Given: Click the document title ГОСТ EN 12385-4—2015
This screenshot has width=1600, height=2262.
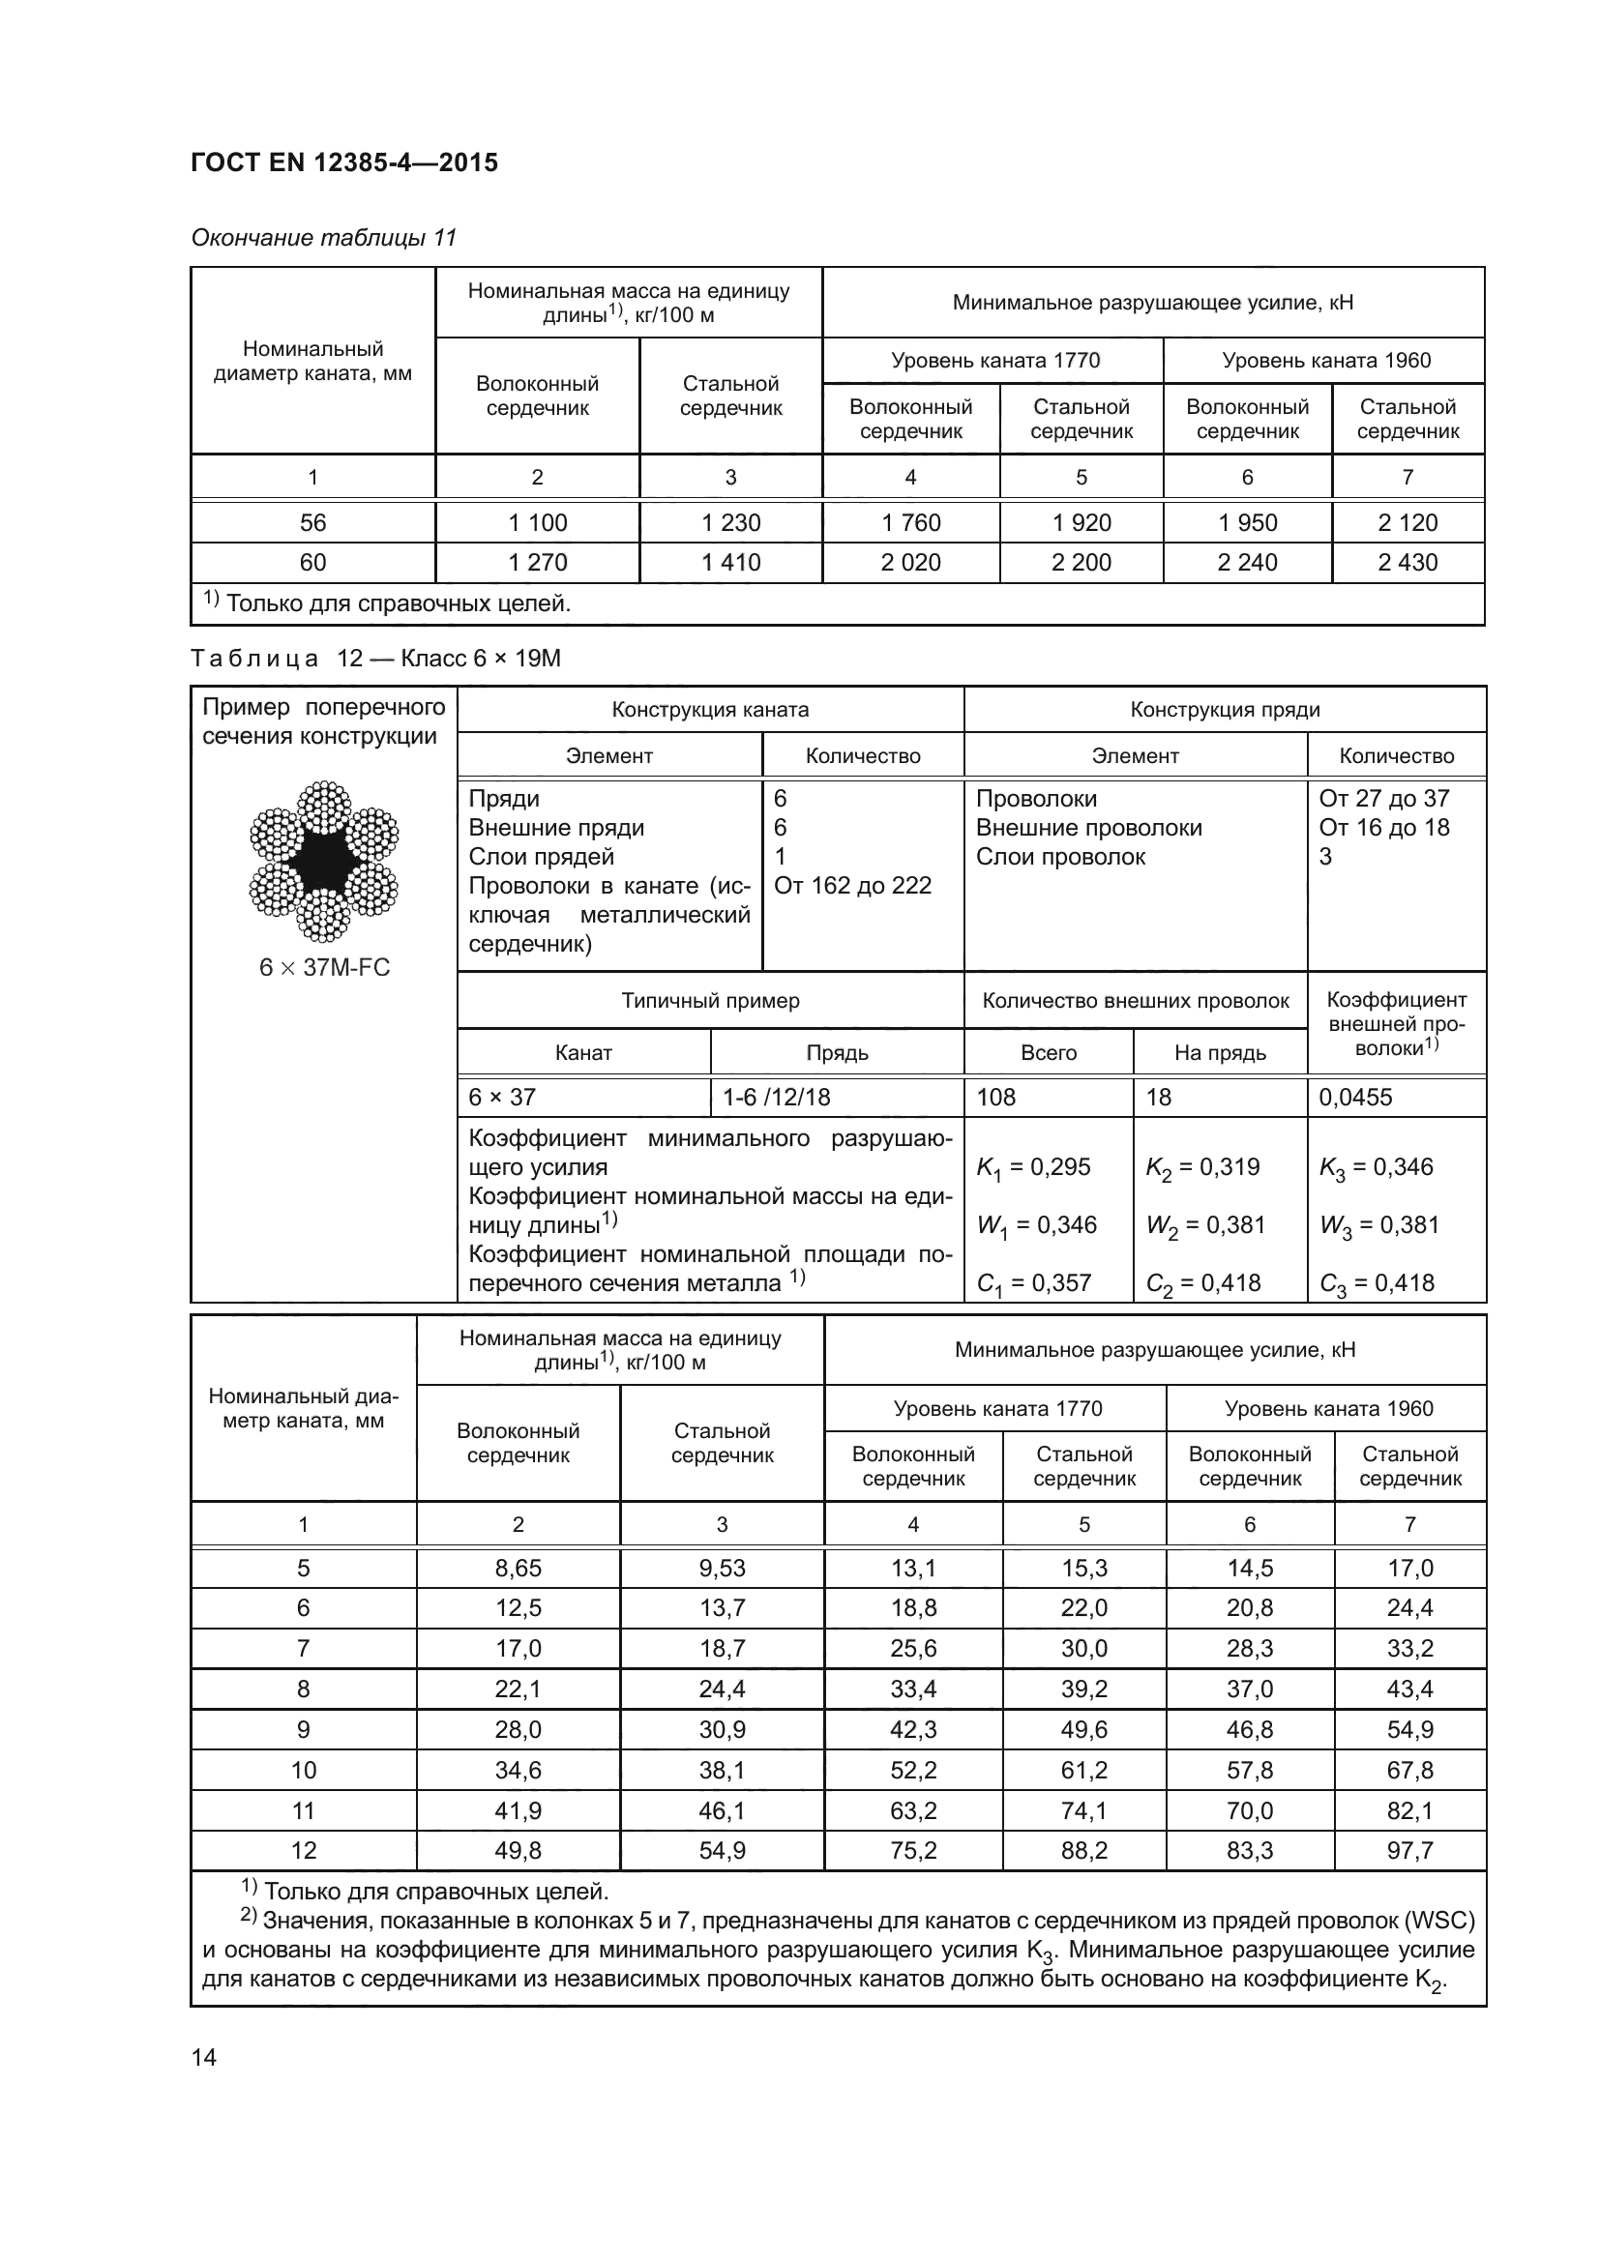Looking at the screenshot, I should point(343,162).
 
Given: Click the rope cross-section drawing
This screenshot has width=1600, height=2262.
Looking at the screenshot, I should point(324,861).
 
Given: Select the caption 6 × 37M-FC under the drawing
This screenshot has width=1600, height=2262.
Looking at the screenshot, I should point(324,967).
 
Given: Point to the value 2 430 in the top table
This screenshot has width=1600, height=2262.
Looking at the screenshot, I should point(1407,563).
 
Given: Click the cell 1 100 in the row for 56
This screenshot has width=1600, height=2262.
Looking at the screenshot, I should point(537,522).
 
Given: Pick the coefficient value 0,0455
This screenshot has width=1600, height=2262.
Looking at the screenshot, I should point(1355,1097).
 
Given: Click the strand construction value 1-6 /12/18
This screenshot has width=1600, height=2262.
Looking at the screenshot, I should point(777,1097).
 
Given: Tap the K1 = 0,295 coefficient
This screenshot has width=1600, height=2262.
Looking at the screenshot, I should point(1032,1167).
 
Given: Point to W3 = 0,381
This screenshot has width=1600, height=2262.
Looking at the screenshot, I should point(1378,1225).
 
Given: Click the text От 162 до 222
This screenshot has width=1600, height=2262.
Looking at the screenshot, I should point(852,885).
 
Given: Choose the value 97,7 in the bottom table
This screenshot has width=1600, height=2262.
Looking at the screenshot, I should point(1409,1850).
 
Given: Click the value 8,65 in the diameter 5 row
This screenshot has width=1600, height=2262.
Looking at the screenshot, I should point(519,1568).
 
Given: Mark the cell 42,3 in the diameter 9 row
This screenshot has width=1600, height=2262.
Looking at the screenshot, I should point(913,1729).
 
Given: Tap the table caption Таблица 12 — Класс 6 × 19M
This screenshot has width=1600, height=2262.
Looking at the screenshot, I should point(375,659).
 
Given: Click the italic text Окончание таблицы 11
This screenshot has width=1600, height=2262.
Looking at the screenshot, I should point(323,238).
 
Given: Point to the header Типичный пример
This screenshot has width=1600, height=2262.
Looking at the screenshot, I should point(710,1001).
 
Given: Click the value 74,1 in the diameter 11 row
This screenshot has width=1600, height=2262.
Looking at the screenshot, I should point(1083,1809).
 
